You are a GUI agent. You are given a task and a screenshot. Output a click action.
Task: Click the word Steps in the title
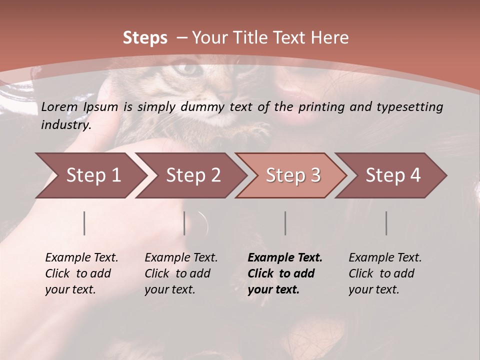tap(145, 38)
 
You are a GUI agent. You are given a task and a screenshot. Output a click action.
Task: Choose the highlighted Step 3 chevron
tap(293, 175)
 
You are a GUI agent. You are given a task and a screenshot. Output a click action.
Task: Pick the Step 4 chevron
tap(393, 175)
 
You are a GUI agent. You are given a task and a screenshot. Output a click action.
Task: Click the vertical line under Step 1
tap(84, 223)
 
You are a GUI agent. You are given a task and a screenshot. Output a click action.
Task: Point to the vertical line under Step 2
tap(184, 223)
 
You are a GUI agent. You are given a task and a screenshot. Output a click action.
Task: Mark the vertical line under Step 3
tap(285, 223)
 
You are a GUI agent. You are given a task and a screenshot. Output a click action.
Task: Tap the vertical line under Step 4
tap(386, 223)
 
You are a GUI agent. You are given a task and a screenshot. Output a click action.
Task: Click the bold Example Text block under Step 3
tap(285, 273)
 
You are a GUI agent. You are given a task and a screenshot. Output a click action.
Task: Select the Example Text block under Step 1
tap(81, 273)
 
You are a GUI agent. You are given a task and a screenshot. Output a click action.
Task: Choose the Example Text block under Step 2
tap(181, 273)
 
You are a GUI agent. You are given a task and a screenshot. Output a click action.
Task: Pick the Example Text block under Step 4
tap(385, 273)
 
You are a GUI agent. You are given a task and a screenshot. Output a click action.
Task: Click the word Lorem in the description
tap(59, 106)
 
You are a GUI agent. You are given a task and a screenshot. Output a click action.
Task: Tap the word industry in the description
tap(66, 125)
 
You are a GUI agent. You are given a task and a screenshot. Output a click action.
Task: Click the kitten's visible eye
tap(187, 68)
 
